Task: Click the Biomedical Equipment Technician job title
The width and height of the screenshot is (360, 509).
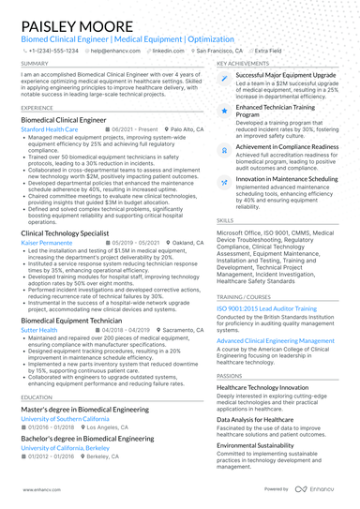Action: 71,321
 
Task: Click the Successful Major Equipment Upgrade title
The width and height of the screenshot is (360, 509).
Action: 286,73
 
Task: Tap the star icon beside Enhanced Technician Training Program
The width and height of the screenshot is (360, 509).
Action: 224,110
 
